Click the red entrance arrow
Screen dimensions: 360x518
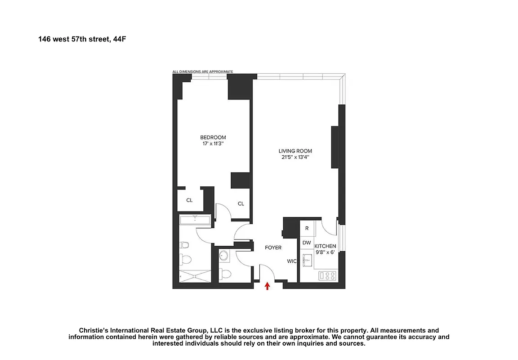tap(268, 285)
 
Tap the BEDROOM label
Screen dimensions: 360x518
tap(213, 138)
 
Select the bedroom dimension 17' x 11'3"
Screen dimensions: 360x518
tap(213, 144)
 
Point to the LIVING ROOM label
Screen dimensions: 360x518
tap(295, 151)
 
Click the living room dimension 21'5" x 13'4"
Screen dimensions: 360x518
tap(295, 157)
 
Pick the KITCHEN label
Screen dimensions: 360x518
tap(325, 246)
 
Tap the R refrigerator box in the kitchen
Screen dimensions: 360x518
tap(307, 228)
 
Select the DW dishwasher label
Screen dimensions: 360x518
tap(307, 243)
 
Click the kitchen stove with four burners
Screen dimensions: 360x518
tap(327, 275)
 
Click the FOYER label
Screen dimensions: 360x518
tap(273, 248)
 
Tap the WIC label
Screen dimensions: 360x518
tap(291, 261)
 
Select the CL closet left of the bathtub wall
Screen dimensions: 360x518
tap(189, 200)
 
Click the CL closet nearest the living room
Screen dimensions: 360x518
tap(241, 204)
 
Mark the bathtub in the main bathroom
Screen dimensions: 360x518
tap(195, 220)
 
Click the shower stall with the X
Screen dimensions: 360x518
tap(195, 275)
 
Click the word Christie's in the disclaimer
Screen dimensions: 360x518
tap(94, 330)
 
